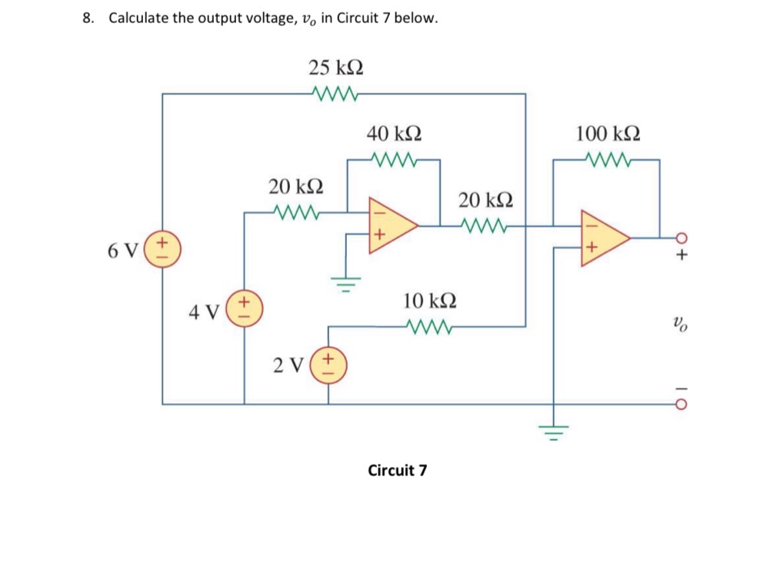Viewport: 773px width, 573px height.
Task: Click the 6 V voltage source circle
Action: pyautogui.click(x=162, y=250)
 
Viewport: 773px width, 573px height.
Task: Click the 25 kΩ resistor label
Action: pyautogui.click(x=336, y=68)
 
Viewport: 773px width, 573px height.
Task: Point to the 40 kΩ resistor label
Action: pyautogui.click(x=393, y=134)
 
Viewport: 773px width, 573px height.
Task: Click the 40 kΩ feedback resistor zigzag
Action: pyautogui.click(x=393, y=161)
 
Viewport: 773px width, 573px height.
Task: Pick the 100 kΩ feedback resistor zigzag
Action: pyautogui.click(x=608, y=161)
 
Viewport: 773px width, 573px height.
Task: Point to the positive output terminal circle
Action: pyautogui.click(x=680, y=238)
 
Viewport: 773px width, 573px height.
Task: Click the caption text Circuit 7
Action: pyautogui.click(x=397, y=470)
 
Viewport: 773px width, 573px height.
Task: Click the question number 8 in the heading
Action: pyautogui.click(x=87, y=18)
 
